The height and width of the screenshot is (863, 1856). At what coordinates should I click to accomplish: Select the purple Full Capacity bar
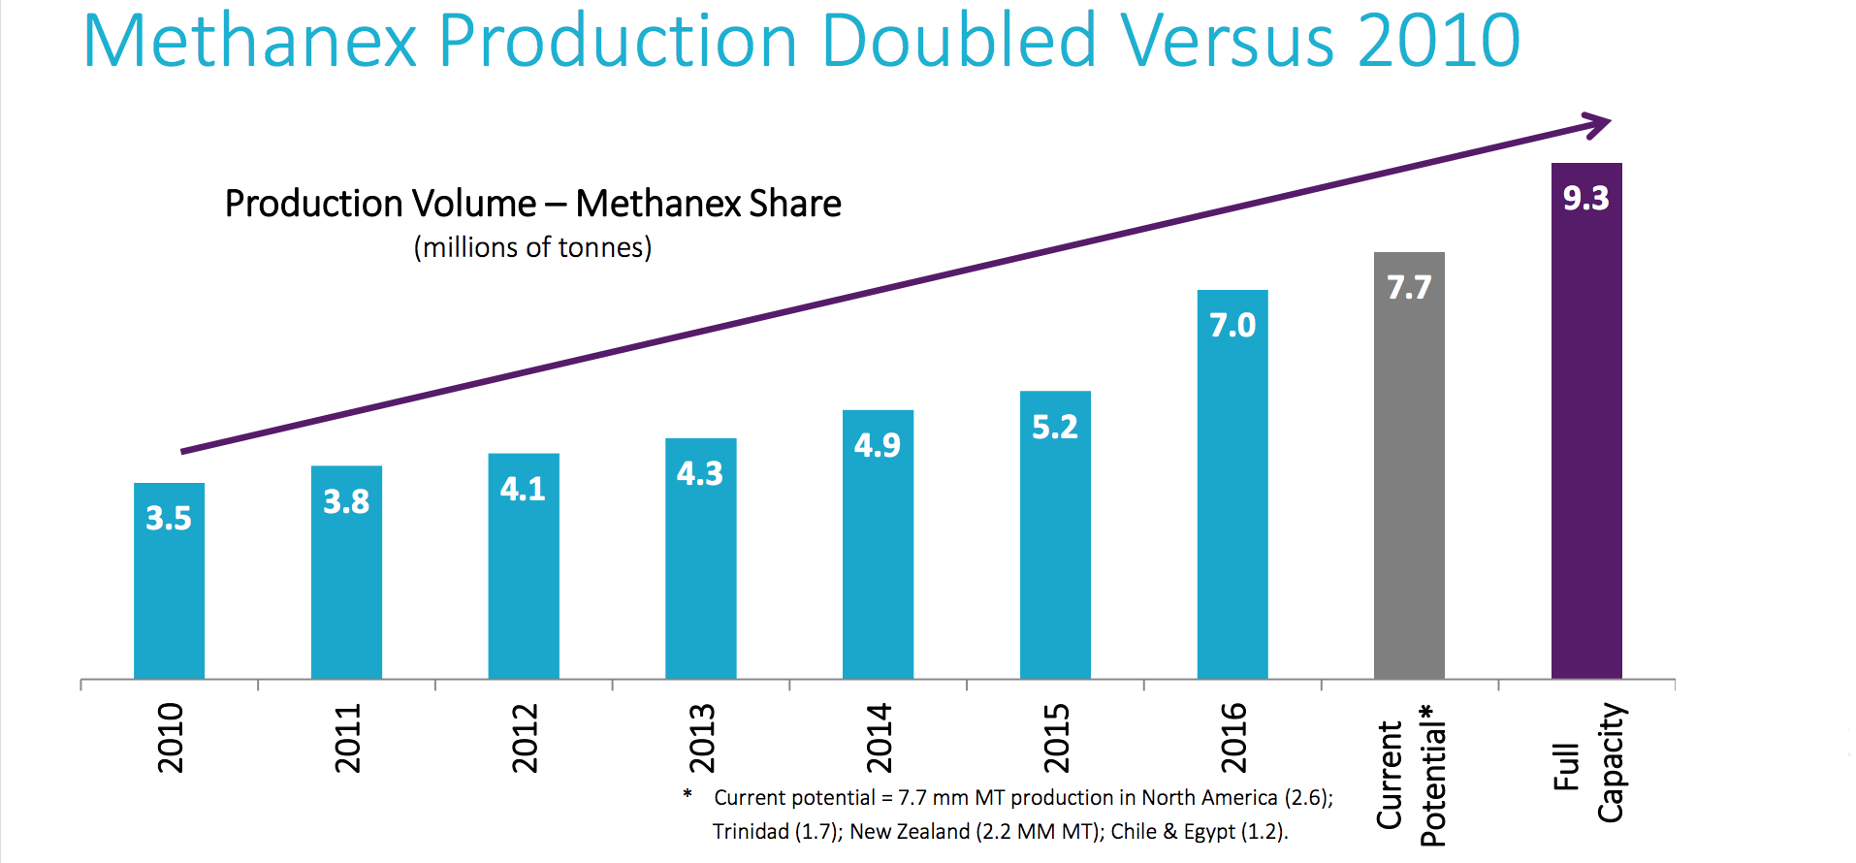1586,436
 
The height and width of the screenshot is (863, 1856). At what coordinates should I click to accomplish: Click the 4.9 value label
877,445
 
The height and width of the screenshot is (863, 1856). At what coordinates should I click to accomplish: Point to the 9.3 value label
1585,198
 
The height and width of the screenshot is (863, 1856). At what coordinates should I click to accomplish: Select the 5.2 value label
1054,427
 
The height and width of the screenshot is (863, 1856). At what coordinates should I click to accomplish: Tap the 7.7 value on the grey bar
1408,287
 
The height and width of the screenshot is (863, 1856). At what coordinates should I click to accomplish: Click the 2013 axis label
701,738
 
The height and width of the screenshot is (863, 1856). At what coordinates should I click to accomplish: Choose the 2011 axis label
347,738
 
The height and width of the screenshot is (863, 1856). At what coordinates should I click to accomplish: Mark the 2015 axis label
1055,738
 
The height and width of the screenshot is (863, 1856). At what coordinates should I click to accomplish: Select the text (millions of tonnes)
532,247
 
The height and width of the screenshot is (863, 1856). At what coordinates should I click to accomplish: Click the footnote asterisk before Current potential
688,795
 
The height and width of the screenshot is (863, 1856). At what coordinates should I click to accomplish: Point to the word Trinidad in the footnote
751,831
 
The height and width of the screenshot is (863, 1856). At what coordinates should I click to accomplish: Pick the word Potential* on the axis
1432,775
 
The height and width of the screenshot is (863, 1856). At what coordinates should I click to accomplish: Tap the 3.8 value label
346,501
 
